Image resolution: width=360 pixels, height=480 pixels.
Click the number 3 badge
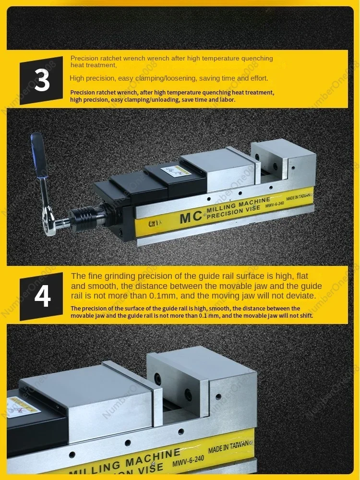click(x=41, y=81)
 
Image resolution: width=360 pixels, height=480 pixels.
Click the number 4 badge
click(x=41, y=296)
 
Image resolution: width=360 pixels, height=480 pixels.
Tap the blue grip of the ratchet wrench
click(x=39, y=155)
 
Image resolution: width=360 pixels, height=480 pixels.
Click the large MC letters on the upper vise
click(x=191, y=217)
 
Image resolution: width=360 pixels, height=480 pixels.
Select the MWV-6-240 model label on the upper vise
click(x=275, y=204)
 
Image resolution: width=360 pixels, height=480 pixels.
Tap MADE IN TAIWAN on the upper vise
click(x=299, y=197)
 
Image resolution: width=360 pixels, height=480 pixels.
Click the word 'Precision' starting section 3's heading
click(x=84, y=59)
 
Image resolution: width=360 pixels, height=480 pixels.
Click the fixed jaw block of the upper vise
click(x=284, y=162)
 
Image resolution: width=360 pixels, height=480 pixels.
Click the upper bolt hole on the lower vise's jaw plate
click(x=157, y=379)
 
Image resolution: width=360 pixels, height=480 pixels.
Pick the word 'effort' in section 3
click(x=259, y=78)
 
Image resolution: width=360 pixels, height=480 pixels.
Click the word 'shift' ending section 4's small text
click(x=306, y=316)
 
